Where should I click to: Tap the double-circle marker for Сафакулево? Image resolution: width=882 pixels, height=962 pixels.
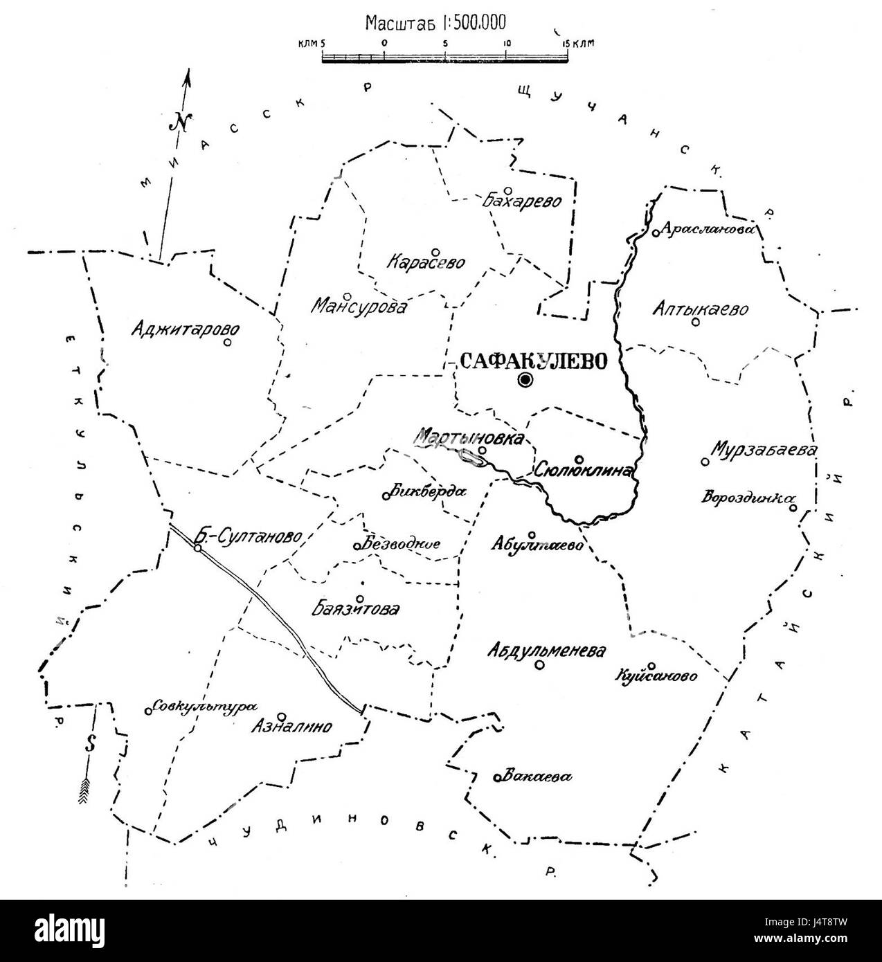coord(525,379)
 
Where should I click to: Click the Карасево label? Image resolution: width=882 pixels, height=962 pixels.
coord(426,264)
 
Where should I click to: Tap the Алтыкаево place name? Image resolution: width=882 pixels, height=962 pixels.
coord(700,309)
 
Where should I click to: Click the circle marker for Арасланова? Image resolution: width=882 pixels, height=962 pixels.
coord(655,233)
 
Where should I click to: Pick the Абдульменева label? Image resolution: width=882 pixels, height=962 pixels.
coord(546,651)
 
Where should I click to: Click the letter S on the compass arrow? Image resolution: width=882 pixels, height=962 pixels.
coord(89,744)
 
